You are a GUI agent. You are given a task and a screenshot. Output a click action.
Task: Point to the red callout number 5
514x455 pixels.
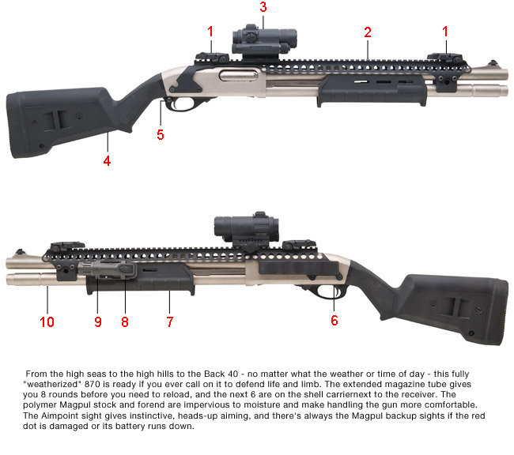(x=161, y=135)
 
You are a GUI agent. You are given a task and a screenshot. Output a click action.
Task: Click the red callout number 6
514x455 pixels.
(x=334, y=320)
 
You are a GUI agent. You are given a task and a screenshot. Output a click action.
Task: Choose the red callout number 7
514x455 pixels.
(x=168, y=322)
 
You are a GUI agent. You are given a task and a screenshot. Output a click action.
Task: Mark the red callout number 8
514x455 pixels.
(x=124, y=322)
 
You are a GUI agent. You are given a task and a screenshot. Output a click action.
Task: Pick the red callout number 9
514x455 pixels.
(x=98, y=322)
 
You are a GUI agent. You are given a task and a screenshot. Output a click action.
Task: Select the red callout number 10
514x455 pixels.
(x=47, y=322)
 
